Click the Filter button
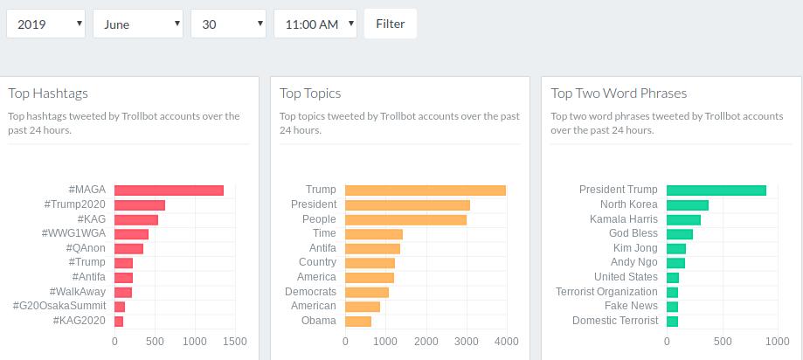point(391,24)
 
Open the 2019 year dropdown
point(45,24)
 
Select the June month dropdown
point(138,24)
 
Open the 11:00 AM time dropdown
point(315,24)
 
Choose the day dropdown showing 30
point(228,24)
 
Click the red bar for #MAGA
point(169,190)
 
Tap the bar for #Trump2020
point(140,205)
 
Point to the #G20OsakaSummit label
point(59,306)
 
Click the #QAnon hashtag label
point(87,248)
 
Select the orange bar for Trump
point(426,190)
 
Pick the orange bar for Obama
point(358,321)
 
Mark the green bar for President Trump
point(716,190)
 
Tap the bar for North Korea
point(688,205)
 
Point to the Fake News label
point(632,306)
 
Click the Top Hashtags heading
point(48,93)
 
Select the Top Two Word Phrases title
point(619,93)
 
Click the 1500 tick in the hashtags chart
point(235,342)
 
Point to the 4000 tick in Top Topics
point(507,342)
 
